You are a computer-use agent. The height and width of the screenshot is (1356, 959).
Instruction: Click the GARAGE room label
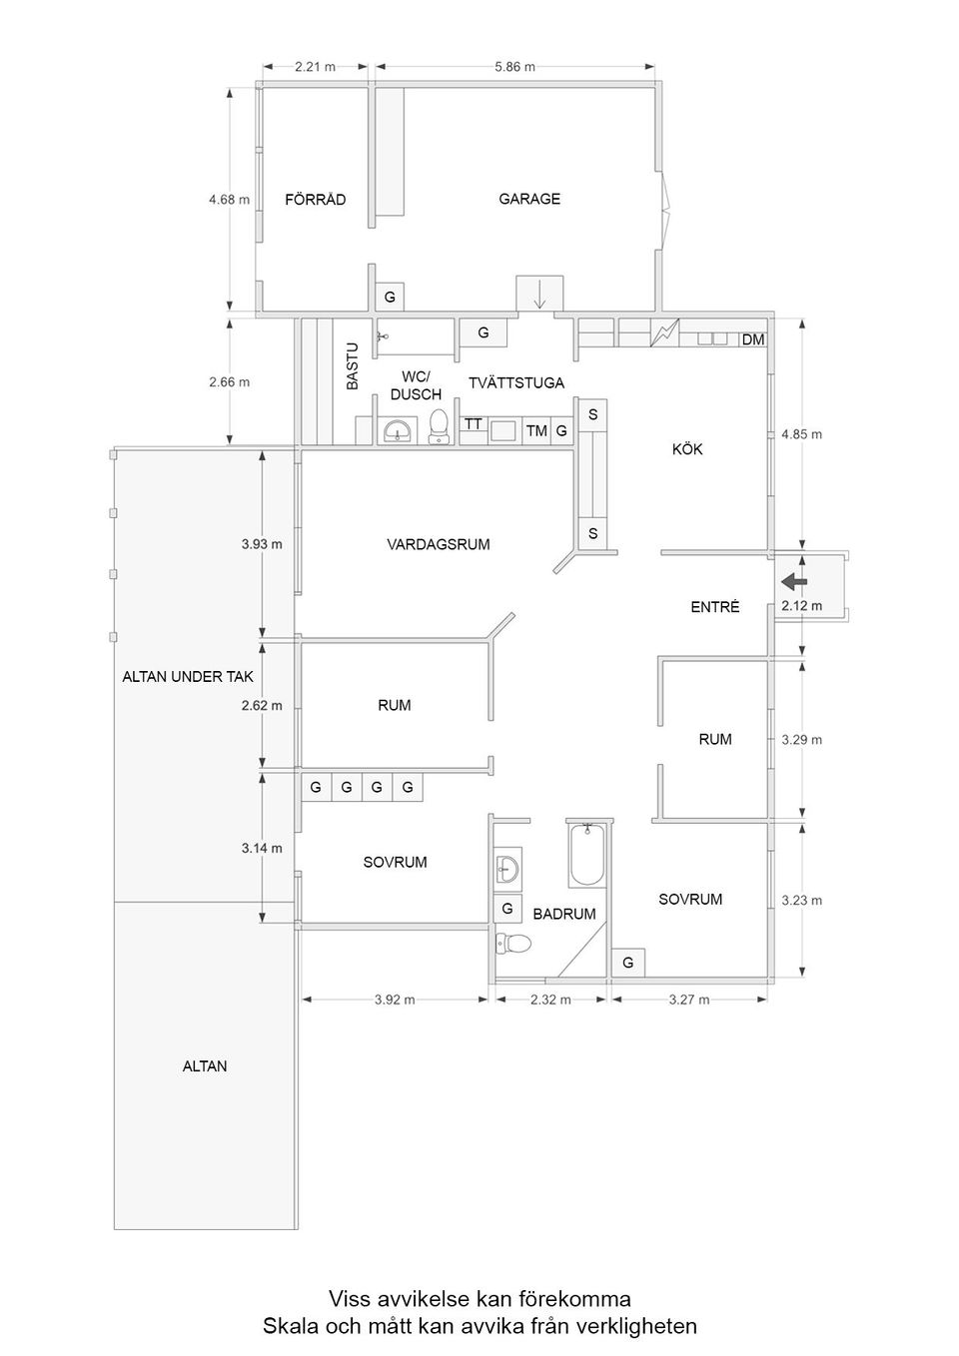(529, 199)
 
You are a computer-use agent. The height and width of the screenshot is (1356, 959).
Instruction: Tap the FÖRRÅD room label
(315, 200)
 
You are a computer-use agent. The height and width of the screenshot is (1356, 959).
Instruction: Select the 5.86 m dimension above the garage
(514, 67)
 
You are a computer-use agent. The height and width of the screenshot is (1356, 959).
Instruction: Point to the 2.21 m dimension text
(315, 67)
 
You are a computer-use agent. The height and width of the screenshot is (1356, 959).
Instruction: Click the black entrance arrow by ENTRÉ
(795, 581)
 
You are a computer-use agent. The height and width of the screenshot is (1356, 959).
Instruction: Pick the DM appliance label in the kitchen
(753, 340)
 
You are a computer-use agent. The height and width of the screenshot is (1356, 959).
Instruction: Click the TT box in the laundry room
(473, 424)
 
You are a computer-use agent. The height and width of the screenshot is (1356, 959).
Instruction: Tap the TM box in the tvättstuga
(536, 430)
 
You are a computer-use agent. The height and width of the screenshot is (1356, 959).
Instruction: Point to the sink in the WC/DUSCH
(398, 431)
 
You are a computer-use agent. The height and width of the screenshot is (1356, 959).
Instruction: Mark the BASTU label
(352, 366)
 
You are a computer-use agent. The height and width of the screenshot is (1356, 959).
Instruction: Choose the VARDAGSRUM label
(439, 544)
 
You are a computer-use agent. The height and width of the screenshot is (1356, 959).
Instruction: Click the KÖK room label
(687, 449)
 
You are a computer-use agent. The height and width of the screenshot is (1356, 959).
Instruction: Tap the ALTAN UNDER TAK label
(188, 676)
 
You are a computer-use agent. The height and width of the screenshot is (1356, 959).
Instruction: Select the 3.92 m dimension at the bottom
(395, 1000)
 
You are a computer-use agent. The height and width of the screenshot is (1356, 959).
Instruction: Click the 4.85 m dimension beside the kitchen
(801, 434)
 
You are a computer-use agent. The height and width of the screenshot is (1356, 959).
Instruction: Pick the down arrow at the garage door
(539, 294)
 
